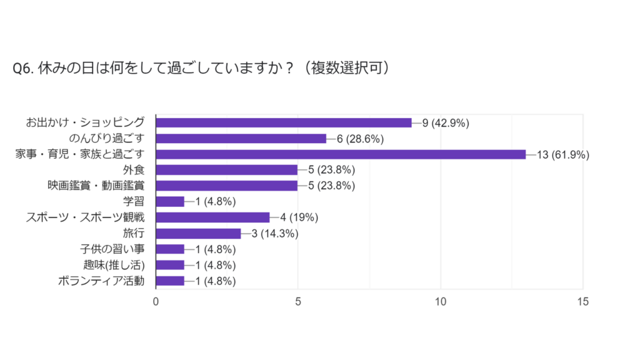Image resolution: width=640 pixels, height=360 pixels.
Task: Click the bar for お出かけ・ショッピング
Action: click(x=283, y=122)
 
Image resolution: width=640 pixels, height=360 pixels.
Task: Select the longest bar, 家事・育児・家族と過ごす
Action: click(x=341, y=154)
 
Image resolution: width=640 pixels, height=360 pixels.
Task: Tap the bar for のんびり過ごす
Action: click(x=241, y=138)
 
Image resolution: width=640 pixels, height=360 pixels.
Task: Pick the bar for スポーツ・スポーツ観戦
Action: click(x=212, y=217)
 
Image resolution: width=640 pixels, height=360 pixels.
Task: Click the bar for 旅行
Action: click(x=198, y=233)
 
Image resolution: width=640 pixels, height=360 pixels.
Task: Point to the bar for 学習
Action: click(x=170, y=201)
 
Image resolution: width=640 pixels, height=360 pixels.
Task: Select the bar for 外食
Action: click(x=226, y=170)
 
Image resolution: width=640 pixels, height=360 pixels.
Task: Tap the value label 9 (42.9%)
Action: click(x=446, y=123)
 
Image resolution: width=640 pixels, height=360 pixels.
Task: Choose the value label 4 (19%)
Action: click(x=299, y=218)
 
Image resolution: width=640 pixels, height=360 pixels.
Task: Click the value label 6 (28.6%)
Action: click(x=360, y=139)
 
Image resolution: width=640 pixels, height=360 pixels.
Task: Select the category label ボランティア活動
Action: click(x=101, y=281)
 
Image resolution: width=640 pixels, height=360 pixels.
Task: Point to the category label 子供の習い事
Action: click(x=109, y=249)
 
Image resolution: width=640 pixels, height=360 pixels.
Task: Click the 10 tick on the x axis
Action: click(x=441, y=302)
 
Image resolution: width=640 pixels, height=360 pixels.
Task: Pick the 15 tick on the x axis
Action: click(x=582, y=302)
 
